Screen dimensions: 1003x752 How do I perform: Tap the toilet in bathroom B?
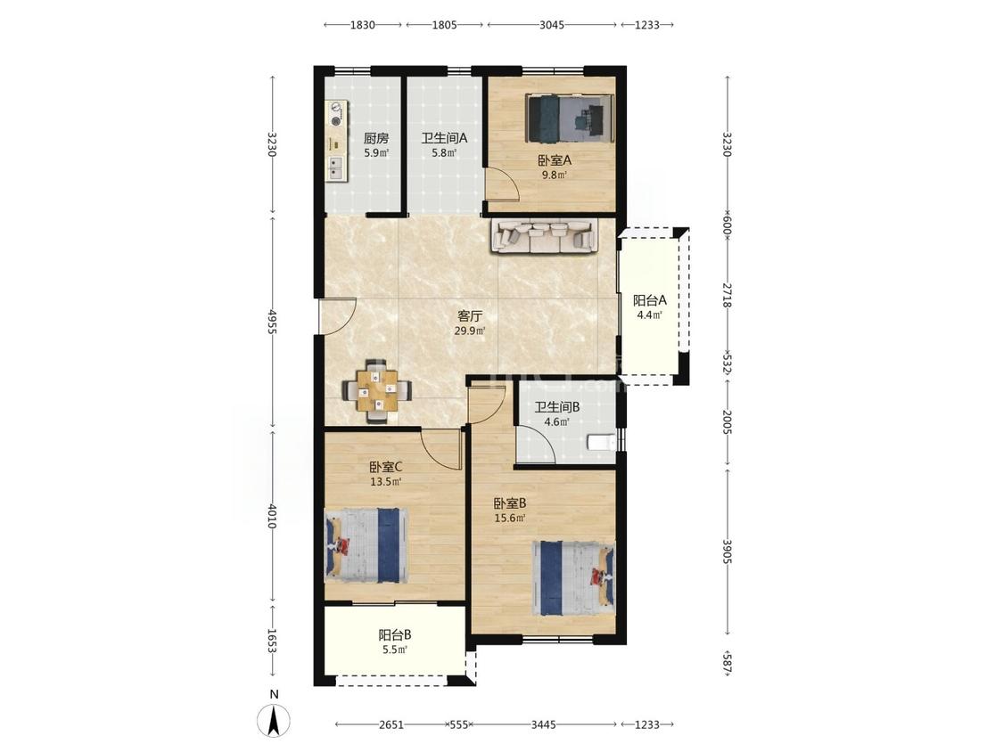click(601, 442)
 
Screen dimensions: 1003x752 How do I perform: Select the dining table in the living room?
click(377, 391)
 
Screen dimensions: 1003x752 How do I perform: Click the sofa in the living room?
click(545, 235)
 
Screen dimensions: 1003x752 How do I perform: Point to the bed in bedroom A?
click(570, 119)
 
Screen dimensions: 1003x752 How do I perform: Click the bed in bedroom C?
click(366, 544)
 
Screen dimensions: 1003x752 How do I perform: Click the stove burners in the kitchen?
click(336, 114)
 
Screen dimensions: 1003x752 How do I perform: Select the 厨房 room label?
click(376, 138)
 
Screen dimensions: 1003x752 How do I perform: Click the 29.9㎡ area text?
click(470, 331)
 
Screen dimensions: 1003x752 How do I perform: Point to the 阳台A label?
click(650, 300)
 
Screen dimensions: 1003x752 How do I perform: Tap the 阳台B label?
click(395, 635)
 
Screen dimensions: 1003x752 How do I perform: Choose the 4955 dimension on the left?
click(273, 321)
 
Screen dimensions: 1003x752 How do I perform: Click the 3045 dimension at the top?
click(552, 25)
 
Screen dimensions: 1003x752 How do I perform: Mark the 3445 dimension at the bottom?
click(543, 724)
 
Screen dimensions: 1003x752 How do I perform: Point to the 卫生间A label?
click(445, 137)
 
